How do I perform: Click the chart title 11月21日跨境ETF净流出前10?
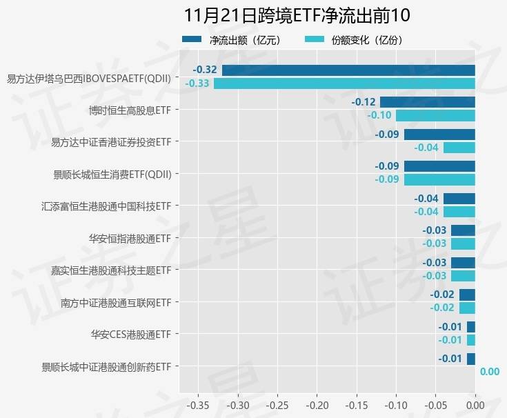pos(297,16)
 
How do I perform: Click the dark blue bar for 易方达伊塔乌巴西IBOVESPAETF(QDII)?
pos(348,70)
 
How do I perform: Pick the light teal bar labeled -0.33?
pos(344,83)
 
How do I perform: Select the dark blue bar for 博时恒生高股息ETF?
pos(428,102)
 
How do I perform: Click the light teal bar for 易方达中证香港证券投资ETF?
pos(459,148)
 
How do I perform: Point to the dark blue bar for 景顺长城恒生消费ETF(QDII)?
pos(439,166)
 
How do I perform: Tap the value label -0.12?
pos(364,102)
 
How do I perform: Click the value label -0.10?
pos(379,115)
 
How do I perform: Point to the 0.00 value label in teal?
pos(489,372)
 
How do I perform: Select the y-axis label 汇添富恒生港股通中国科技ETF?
pos(106,206)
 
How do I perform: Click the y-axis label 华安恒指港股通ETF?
pos(130,238)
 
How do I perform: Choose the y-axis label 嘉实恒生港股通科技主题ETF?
pos(110,270)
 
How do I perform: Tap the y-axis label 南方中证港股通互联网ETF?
pos(115,302)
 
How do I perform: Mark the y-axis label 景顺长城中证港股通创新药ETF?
pos(106,366)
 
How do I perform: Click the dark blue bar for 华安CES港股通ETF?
pos(471,327)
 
